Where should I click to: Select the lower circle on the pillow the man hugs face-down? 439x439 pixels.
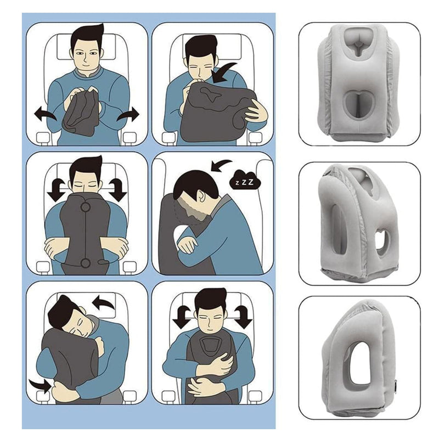(86, 264)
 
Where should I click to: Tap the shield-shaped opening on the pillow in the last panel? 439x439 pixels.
(210, 346)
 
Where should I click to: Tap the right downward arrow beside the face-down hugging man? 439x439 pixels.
(117, 189)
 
